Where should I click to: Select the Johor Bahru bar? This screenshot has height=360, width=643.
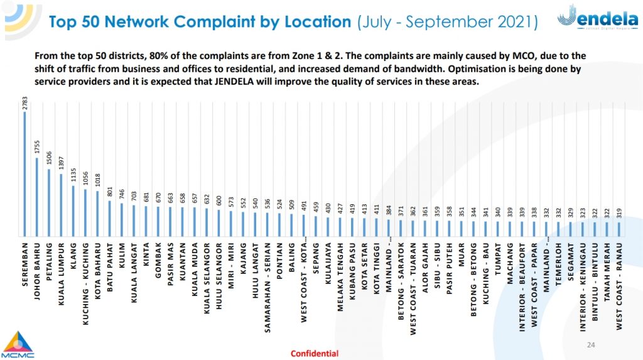tap(37, 197)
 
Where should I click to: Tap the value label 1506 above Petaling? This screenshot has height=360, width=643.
tap(49, 158)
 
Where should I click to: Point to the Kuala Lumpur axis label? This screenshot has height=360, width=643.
tap(62, 274)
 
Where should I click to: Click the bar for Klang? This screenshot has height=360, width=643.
tap(73, 211)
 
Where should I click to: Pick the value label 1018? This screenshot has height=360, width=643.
tap(98, 181)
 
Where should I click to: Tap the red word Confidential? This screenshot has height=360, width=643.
tap(314, 353)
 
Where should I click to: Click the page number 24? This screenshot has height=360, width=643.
tap(590, 345)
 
